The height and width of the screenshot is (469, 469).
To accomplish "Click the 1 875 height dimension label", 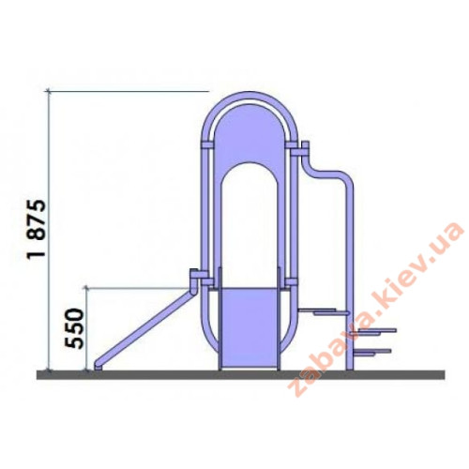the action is pyautogui.click(x=37, y=228).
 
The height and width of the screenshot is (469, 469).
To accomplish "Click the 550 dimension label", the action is pyautogui.click(x=74, y=328).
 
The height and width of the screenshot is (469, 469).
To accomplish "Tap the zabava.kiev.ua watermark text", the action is pyautogui.click(x=376, y=309).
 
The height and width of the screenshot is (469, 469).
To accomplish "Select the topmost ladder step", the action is pyautogui.click(x=324, y=310).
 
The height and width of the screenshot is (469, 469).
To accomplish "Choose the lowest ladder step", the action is pyautogui.click(x=372, y=352).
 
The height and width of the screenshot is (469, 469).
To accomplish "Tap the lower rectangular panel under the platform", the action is pyautogui.click(x=250, y=328).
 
